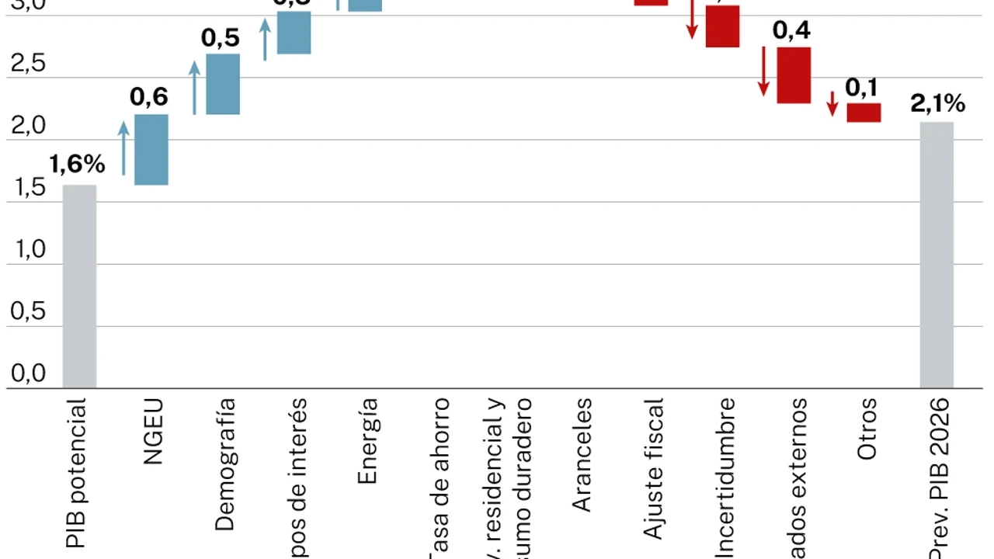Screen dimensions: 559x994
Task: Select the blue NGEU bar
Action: point(151,150)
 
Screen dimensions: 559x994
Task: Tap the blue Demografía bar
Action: point(223,84)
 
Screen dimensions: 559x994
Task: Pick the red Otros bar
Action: point(864,113)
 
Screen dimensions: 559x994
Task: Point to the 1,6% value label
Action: point(77,164)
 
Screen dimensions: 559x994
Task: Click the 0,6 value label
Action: point(149,97)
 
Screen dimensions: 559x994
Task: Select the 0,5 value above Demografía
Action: point(221,38)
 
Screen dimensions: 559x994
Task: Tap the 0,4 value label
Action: point(792,30)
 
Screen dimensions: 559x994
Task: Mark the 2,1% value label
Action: point(939,103)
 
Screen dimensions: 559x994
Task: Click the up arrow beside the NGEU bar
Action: point(123,148)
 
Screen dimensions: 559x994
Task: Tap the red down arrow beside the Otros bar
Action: point(832,103)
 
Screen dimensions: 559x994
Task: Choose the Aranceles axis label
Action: point(582,455)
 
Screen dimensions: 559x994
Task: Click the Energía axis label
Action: point(367,441)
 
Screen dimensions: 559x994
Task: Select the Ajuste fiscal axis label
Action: point(654,468)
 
